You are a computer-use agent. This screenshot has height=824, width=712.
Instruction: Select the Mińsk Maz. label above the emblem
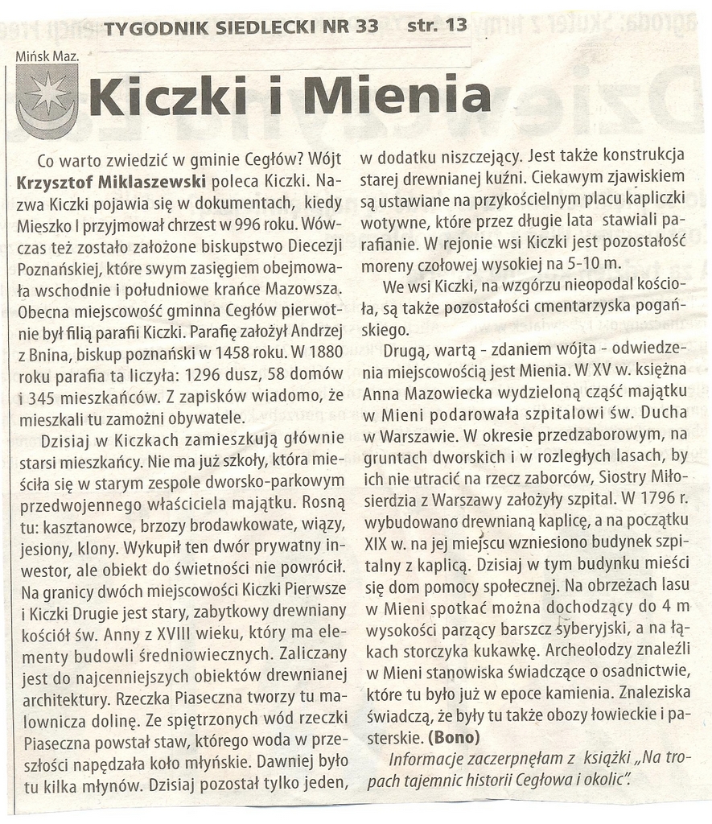point(47,56)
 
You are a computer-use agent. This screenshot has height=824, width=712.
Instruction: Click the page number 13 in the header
point(455,25)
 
